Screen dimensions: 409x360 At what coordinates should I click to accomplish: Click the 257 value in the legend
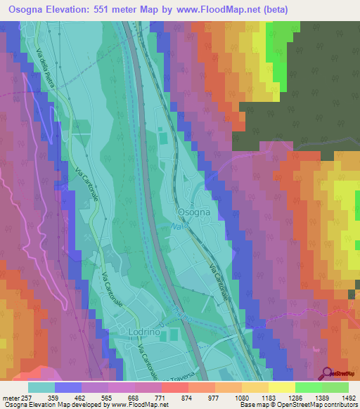(x=29, y=397)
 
